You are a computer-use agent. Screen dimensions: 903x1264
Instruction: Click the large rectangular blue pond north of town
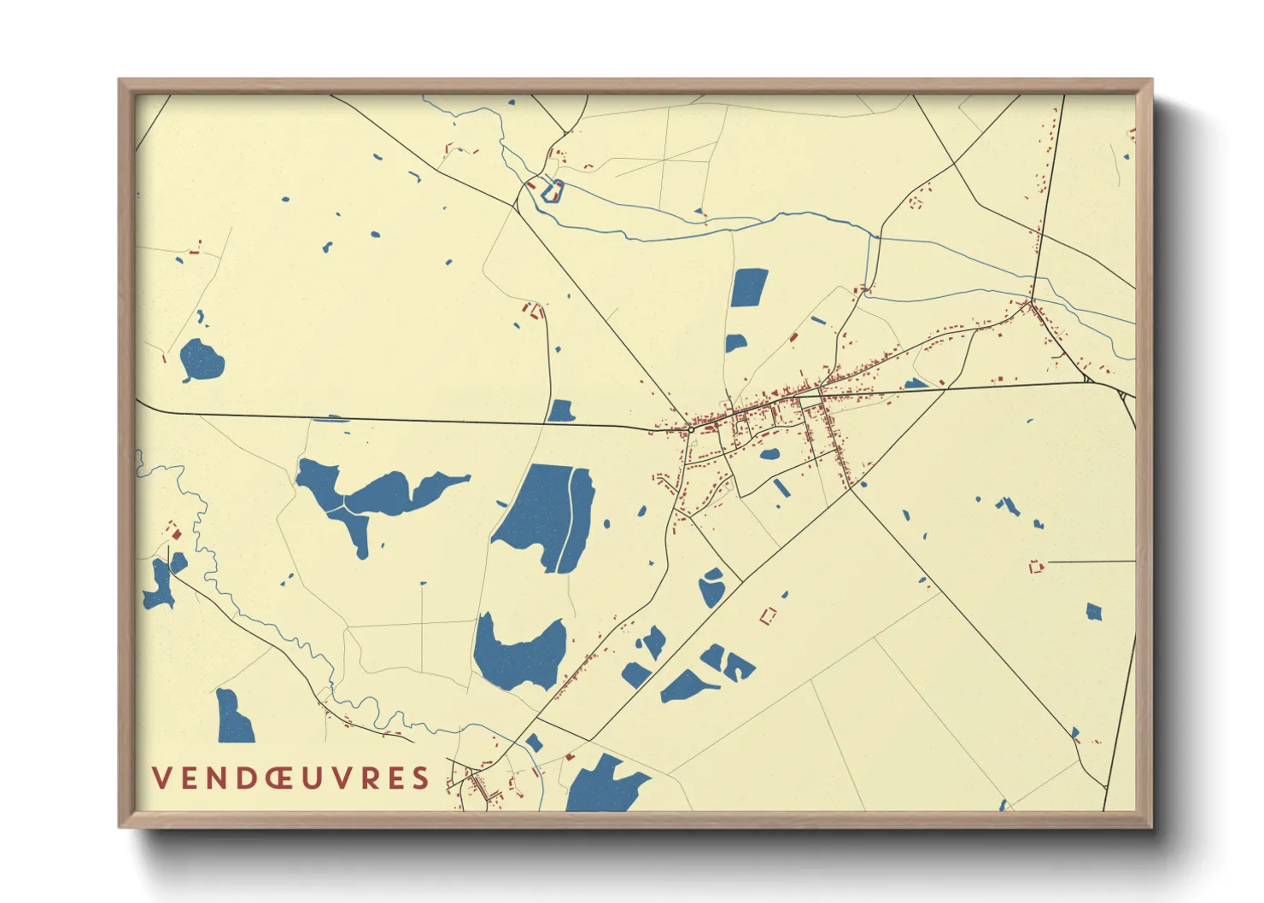749,288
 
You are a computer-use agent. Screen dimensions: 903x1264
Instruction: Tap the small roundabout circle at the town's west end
688,429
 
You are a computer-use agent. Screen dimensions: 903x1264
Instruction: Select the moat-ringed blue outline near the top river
552,192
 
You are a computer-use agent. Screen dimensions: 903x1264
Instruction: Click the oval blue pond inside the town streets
770,455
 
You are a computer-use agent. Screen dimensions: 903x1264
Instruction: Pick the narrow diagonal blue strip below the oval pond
781,487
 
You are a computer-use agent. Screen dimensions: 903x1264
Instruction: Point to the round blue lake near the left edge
202,360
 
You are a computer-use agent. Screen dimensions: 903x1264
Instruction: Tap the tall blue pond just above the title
233,717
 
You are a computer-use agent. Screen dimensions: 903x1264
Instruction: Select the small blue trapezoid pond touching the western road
560,411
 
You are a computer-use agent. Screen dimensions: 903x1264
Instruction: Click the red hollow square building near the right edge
1036,566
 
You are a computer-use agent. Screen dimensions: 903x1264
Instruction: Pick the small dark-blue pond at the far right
1094,611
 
